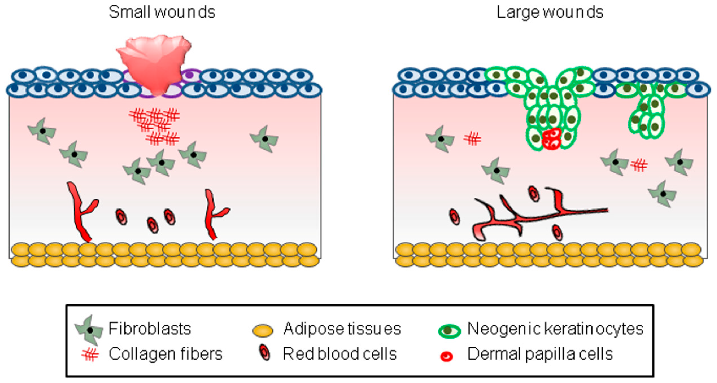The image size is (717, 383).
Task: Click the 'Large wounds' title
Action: [550, 12]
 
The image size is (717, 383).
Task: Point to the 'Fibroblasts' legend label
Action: [150, 329]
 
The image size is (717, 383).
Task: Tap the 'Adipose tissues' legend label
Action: [342, 329]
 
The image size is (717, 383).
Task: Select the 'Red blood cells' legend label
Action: [340, 354]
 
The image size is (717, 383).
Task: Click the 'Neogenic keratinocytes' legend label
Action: [555, 329]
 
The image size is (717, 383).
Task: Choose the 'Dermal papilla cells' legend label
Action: [540, 354]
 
